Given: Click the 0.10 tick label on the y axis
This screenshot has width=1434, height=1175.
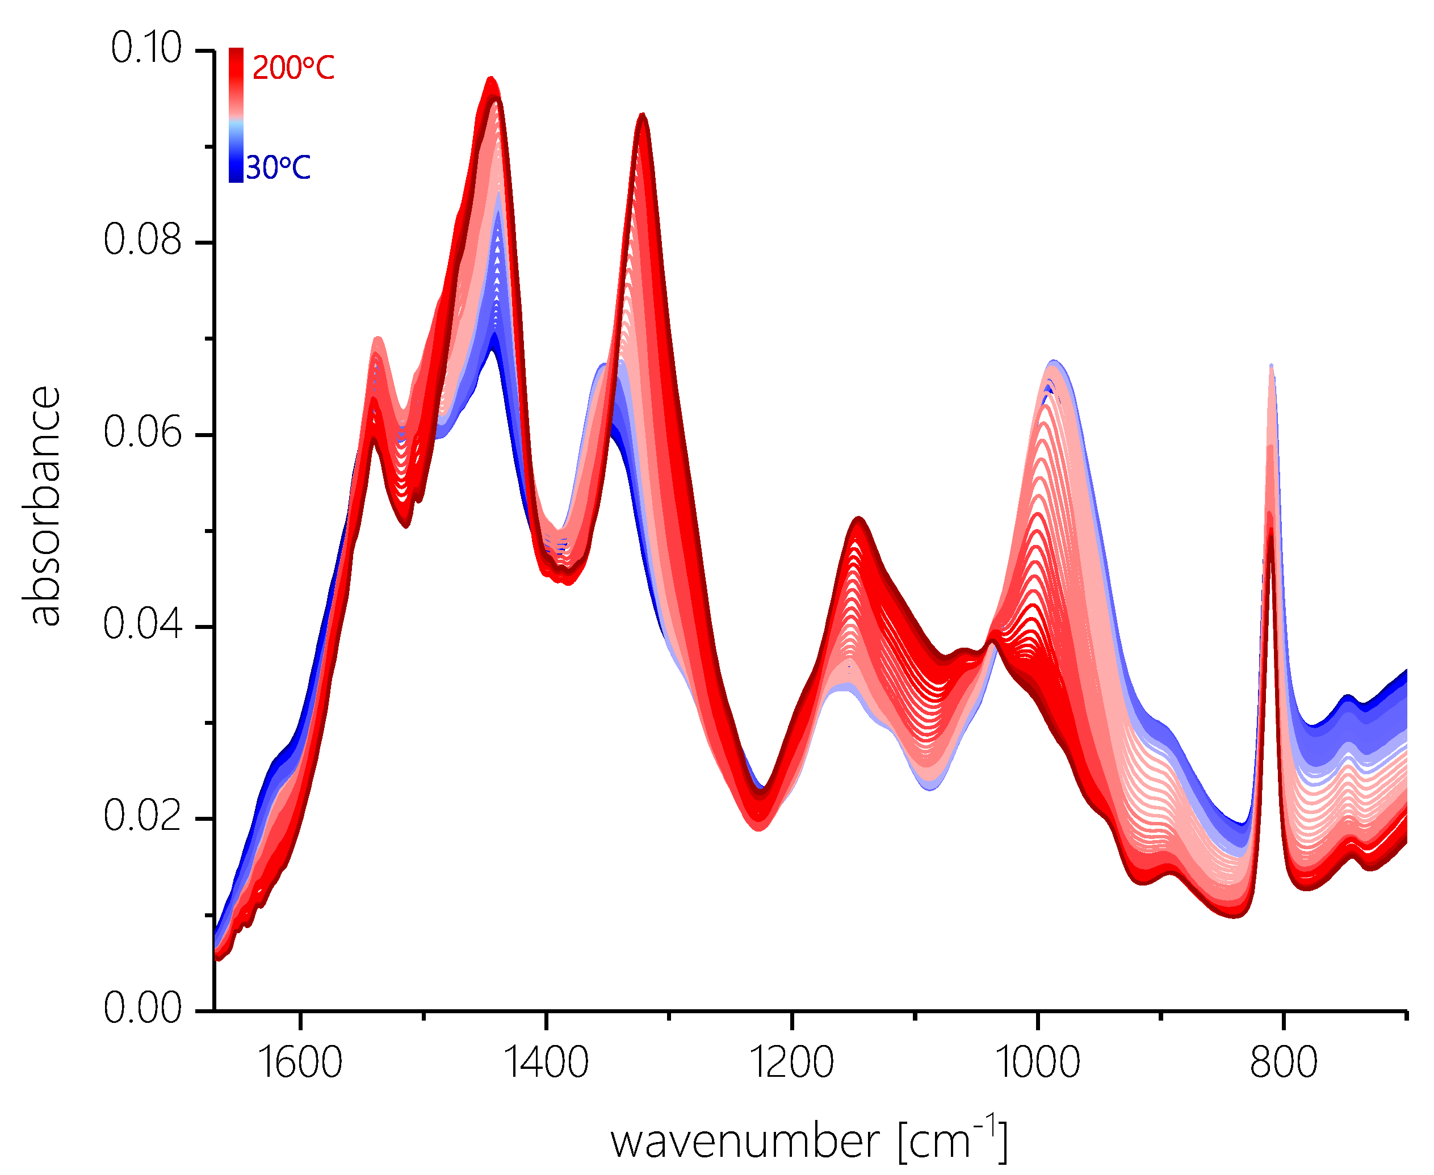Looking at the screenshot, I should (x=145, y=49).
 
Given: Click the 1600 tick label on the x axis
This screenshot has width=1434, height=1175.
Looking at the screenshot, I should (x=300, y=1063).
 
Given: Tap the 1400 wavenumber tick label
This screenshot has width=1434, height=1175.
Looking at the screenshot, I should (x=546, y=1063).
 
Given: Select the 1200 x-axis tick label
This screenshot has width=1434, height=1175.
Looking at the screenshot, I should (x=792, y=1063).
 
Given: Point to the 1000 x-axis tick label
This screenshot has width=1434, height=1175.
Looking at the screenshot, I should (x=1037, y=1063).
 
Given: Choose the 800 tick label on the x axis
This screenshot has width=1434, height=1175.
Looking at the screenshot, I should (x=1283, y=1063).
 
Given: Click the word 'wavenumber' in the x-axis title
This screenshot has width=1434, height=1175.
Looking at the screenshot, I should (x=745, y=1143).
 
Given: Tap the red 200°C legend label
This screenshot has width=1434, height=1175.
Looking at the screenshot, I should (x=293, y=68).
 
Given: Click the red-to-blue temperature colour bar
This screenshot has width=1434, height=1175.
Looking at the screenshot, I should (x=236, y=115).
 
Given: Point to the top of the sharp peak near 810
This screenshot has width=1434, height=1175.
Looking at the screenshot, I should (x=1271, y=366).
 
